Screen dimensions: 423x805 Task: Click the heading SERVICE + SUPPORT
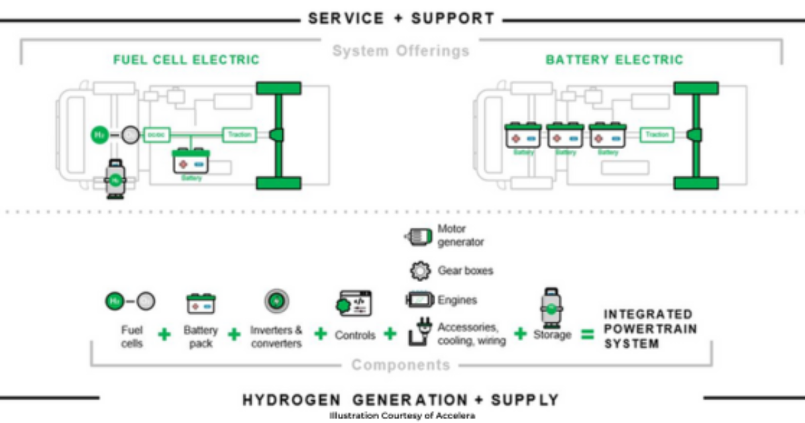tap(400, 18)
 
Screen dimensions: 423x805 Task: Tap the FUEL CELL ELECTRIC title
tap(186, 60)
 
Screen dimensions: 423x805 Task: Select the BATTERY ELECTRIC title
tap(614, 60)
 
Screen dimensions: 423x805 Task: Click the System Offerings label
tap(400, 51)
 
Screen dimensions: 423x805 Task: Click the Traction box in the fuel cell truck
tap(239, 135)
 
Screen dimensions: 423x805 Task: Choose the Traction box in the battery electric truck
tap(657, 135)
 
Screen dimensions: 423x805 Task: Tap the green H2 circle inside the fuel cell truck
tap(99, 135)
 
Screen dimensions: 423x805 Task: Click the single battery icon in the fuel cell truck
tap(192, 161)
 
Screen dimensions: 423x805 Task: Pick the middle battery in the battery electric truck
tap(565, 136)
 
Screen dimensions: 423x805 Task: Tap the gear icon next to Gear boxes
tap(419, 271)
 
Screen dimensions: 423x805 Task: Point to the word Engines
tap(457, 300)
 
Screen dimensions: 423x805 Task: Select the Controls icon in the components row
tap(354, 303)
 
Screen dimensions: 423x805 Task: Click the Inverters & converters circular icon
tap(275, 301)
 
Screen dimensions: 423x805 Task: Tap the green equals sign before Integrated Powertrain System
tap(587, 334)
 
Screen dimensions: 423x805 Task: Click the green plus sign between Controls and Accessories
tap(390, 333)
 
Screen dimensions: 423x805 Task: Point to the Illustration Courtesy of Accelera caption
tap(402, 416)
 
